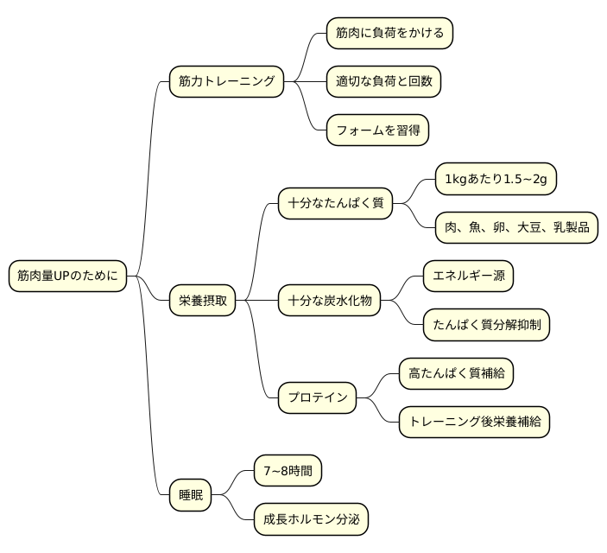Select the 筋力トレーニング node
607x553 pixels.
[226, 82]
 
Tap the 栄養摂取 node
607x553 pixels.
[201, 301]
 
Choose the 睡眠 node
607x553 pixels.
[189, 495]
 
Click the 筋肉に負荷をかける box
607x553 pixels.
[389, 34]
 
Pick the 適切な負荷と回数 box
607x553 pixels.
[383, 82]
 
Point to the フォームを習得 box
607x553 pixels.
[377, 130]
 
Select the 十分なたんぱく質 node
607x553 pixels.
[335, 204]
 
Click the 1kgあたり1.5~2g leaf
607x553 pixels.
[496, 180]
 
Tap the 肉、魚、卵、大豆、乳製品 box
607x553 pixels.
[516, 228]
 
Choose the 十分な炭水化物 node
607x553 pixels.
[329, 301]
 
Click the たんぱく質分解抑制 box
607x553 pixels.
[486, 325]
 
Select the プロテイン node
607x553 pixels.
[317, 397]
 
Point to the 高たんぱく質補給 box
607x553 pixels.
[457, 373]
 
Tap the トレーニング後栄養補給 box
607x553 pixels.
[474, 422]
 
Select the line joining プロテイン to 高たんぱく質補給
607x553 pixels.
[378, 385]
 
